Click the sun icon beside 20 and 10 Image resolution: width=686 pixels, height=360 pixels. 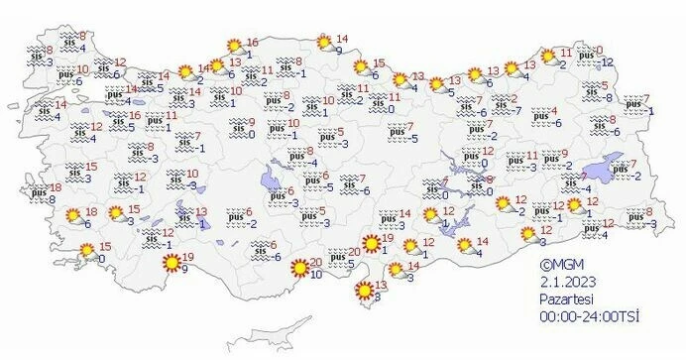[x=298, y=268]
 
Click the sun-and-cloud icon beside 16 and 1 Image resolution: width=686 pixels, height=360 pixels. [x=235, y=46]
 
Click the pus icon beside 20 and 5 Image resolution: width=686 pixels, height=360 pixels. [x=337, y=258]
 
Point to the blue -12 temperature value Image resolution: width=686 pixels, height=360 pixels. [x=608, y=61]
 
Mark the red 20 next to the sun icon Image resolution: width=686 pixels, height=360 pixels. [x=315, y=262]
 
